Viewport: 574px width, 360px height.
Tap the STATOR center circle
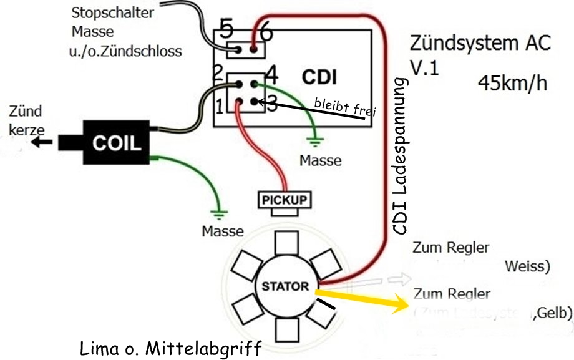tap(285, 287)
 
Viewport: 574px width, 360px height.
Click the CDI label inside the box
tap(319, 77)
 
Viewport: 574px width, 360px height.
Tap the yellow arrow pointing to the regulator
tap(362, 299)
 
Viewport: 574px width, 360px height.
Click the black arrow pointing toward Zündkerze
tap(43, 142)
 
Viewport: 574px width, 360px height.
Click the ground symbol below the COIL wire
tap(217, 212)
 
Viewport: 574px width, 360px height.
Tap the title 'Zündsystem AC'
tap(480, 44)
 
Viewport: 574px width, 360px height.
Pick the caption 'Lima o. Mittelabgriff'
tap(170, 348)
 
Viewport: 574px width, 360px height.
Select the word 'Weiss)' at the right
tap(527, 266)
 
